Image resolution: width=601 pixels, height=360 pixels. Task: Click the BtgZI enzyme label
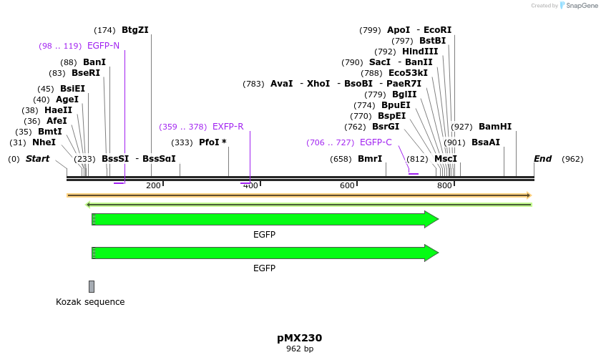point(135,30)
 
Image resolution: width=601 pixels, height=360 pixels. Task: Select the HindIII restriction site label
point(420,52)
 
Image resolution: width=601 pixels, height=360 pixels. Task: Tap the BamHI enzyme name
point(495,127)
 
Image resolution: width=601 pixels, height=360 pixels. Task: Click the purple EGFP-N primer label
point(103,46)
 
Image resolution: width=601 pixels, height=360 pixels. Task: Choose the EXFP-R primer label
point(228,127)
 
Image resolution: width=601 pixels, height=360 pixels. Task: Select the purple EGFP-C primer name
point(376,142)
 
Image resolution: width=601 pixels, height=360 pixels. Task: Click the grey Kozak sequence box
point(92,286)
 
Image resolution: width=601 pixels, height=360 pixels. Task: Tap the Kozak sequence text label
point(90,302)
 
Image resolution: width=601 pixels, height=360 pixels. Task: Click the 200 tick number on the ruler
point(153,185)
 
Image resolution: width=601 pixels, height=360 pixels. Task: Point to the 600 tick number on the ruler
point(347,185)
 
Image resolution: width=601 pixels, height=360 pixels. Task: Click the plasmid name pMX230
point(300,338)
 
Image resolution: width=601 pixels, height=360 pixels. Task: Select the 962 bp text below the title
point(300,349)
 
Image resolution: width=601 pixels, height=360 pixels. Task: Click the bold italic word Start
point(37,159)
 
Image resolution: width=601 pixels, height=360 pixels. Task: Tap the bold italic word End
point(543,159)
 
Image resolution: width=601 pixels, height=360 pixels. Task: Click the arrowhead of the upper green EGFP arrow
point(431,219)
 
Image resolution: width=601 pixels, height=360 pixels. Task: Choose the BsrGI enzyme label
point(386,127)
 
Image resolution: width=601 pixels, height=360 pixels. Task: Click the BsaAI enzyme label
point(486,142)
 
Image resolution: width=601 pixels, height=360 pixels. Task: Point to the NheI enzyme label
point(44,142)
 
